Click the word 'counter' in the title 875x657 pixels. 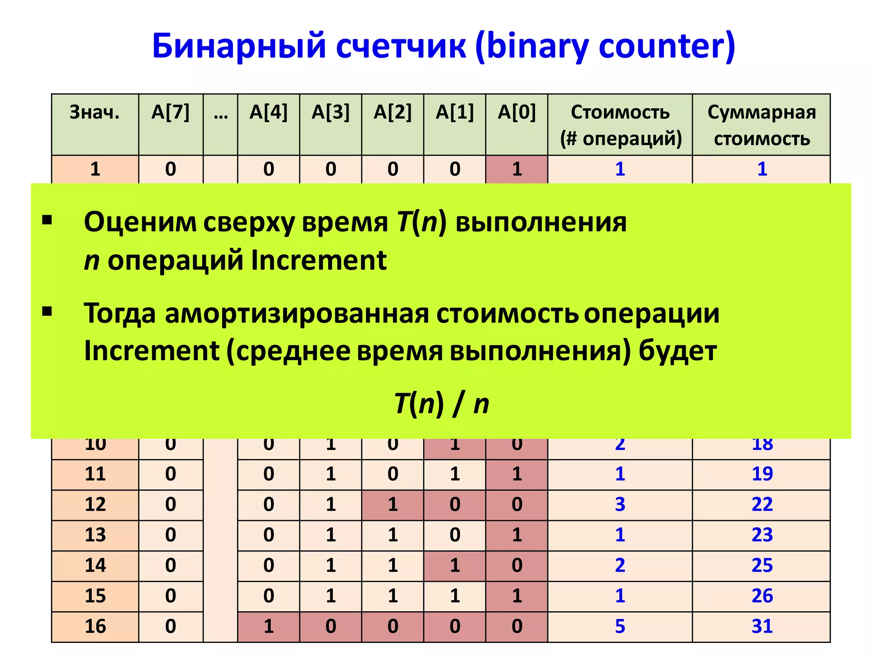tap(667, 46)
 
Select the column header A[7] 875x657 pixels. tap(170, 112)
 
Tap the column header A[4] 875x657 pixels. tap(268, 112)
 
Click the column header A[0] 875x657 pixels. tap(517, 112)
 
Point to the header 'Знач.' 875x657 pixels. tap(95, 112)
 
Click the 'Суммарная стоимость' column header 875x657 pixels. tap(762, 125)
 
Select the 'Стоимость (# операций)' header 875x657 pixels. tap(620, 125)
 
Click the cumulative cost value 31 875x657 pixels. tap(762, 627)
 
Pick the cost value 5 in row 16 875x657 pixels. tap(620, 627)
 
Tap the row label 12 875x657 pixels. tap(95, 505)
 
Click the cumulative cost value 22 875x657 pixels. tap(762, 505)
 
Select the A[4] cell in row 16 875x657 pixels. tap(268, 627)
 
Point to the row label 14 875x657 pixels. tap(95, 565)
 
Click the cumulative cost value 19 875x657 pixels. tap(762, 474)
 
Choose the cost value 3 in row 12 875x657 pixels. tap(620, 505)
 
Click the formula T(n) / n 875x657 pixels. tap(441, 403)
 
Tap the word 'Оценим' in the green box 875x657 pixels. tap(140, 222)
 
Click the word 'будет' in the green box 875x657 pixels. tap(678, 351)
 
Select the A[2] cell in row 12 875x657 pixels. tap(393, 505)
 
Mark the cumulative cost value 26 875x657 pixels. tap(762, 596)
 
